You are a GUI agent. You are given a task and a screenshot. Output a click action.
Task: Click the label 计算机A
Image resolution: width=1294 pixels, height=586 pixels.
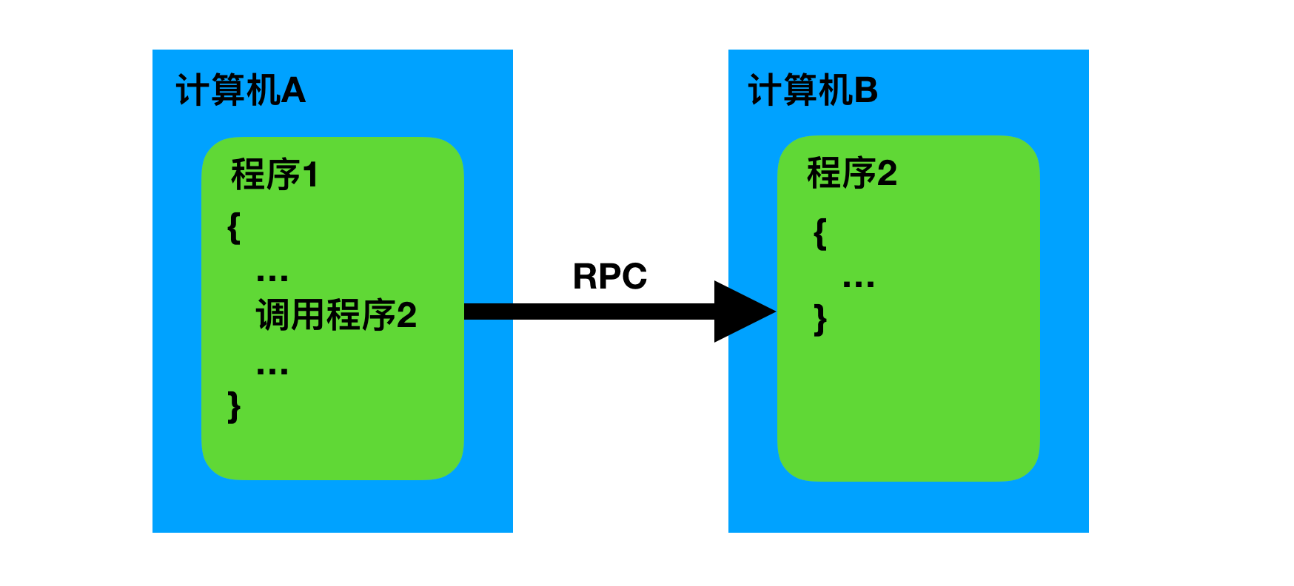241,91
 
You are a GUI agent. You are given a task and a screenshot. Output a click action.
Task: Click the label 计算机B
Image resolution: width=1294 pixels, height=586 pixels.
813,91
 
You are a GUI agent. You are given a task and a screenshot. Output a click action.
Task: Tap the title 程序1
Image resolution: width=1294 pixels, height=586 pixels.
274,175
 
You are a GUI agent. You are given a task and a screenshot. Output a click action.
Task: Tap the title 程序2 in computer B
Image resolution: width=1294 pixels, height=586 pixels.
851,174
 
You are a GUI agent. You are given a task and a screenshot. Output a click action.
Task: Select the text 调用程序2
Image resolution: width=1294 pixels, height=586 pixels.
336,315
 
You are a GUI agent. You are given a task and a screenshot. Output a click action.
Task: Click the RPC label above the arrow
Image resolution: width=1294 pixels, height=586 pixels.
610,277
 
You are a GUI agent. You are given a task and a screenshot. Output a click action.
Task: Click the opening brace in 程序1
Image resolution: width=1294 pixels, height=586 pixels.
234,228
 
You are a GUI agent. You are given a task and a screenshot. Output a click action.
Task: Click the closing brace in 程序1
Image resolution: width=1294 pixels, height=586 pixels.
234,407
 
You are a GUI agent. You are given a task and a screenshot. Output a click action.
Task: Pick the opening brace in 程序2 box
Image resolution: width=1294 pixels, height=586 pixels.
819,234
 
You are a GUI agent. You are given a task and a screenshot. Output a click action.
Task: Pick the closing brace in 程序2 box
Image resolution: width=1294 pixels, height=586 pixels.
819,320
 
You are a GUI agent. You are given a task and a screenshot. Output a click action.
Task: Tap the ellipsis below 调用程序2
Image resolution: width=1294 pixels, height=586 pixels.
272,371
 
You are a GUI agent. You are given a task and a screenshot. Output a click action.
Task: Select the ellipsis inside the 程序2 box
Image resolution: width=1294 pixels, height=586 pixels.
858,283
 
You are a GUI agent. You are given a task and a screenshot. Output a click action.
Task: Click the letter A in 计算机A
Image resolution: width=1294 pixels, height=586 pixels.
293,91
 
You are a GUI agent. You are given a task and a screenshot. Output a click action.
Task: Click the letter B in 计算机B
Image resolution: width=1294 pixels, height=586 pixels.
866,91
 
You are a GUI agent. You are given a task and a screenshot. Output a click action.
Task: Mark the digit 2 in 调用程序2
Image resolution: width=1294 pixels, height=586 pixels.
406,316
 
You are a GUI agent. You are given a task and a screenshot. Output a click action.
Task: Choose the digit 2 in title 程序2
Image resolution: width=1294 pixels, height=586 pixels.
887,174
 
